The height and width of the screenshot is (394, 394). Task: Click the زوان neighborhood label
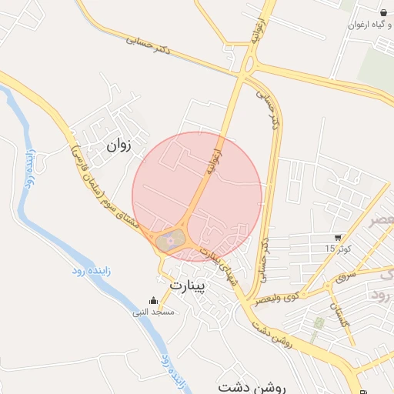(x=120, y=143)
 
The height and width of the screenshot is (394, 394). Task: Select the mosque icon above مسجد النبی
(x=154, y=301)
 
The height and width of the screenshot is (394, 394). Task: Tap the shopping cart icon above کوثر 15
(x=339, y=237)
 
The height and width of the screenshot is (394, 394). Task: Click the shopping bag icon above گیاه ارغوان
(x=383, y=13)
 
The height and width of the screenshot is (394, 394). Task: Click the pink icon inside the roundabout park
(x=171, y=242)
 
